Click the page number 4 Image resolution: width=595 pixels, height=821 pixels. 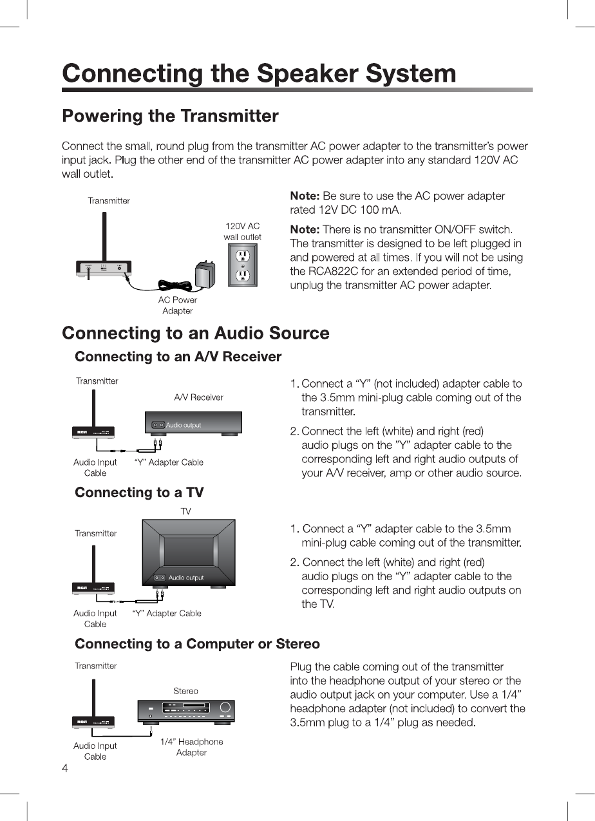point(65,769)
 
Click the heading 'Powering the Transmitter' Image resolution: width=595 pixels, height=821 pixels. point(170,117)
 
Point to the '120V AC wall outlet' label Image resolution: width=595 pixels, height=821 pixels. point(242,231)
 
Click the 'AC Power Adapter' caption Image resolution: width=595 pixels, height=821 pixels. point(178,305)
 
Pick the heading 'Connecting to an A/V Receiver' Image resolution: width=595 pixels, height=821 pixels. point(178,357)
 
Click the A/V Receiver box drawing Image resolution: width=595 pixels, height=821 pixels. point(193,423)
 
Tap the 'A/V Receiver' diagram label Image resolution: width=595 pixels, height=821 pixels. point(198,397)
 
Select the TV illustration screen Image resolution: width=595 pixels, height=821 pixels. point(188,551)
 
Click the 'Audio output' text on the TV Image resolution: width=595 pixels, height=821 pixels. point(186,578)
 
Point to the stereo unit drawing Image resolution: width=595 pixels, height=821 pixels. point(186,712)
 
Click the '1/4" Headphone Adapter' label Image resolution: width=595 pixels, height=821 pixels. point(191,747)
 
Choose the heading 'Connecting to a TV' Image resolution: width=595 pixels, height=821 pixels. point(139,493)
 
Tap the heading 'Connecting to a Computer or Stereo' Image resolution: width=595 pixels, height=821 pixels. point(197,644)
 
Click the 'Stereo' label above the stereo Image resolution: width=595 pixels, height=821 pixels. point(185,691)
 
